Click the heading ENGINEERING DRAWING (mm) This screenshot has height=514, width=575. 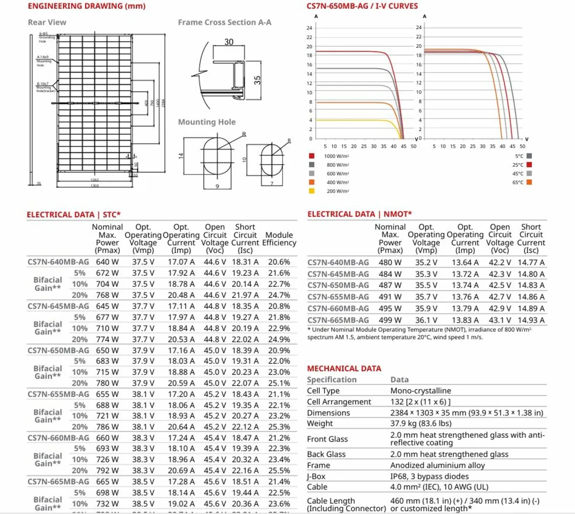pyautogui.click(x=87, y=6)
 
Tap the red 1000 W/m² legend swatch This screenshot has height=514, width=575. pyautogui.click(x=311, y=156)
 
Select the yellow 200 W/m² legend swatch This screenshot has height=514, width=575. pyautogui.click(x=311, y=191)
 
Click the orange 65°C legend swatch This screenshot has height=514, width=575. pyautogui.click(x=529, y=183)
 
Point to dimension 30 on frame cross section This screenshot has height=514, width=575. pyautogui.click(x=229, y=42)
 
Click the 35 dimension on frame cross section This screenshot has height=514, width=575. pyautogui.click(x=257, y=80)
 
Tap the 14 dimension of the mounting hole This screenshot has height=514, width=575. pyautogui.click(x=181, y=156)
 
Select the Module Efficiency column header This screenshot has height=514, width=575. pyautogui.click(x=279, y=239)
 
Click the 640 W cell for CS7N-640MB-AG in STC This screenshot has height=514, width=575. pyautogui.click(x=107, y=262)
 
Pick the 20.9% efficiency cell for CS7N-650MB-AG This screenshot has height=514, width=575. pyautogui.click(x=279, y=350)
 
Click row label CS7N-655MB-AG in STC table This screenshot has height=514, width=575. pyautogui.click(x=58, y=394)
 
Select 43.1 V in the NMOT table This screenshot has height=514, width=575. pyautogui.click(x=500, y=320)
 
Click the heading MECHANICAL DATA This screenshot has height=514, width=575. pyautogui.click(x=344, y=368)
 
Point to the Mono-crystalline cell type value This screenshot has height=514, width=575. pyautogui.click(x=421, y=391)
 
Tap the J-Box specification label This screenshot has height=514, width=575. pyautogui.click(x=316, y=476)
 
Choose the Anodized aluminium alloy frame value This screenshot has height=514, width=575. pyautogui.click(x=437, y=465)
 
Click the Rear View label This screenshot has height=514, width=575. pyautogui.click(x=47, y=23)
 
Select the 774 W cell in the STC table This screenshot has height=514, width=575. pyautogui.click(x=107, y=339)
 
